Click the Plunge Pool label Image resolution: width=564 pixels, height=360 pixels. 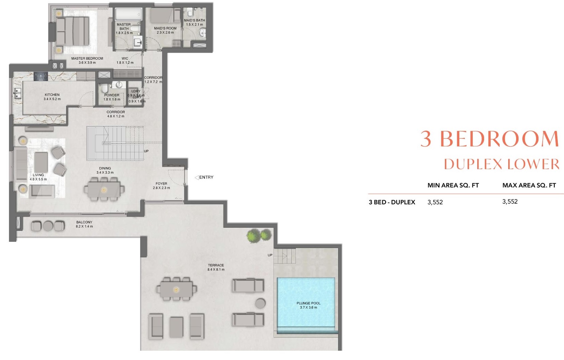(308, 303)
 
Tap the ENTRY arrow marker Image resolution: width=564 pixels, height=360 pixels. (197, 177)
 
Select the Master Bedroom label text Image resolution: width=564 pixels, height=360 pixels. (87, 59)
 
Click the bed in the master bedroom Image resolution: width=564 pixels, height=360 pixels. (73, 31)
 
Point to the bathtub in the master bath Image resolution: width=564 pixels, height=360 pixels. (128, 15)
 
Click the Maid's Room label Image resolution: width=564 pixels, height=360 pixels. (165, 28)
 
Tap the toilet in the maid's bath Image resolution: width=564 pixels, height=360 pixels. (190, 14)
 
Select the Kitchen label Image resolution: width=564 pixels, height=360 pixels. (52, 95)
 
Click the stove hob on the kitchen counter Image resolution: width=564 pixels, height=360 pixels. (41, 76)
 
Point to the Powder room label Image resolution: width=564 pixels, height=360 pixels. (112, 95)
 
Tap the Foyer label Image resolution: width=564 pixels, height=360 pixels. (161, 184)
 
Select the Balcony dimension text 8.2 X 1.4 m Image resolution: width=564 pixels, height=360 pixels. (84, 226)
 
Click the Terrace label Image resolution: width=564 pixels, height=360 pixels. (216, 265)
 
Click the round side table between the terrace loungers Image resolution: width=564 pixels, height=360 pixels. (260, 304)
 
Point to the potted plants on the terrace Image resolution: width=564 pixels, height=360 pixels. (259, 236)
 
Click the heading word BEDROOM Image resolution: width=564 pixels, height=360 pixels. (499, 139)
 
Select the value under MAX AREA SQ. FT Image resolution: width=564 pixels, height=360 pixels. (510, 202)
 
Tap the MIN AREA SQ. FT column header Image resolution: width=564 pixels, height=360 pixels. (453, 185)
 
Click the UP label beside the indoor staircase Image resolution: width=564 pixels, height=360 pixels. (146, 151)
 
